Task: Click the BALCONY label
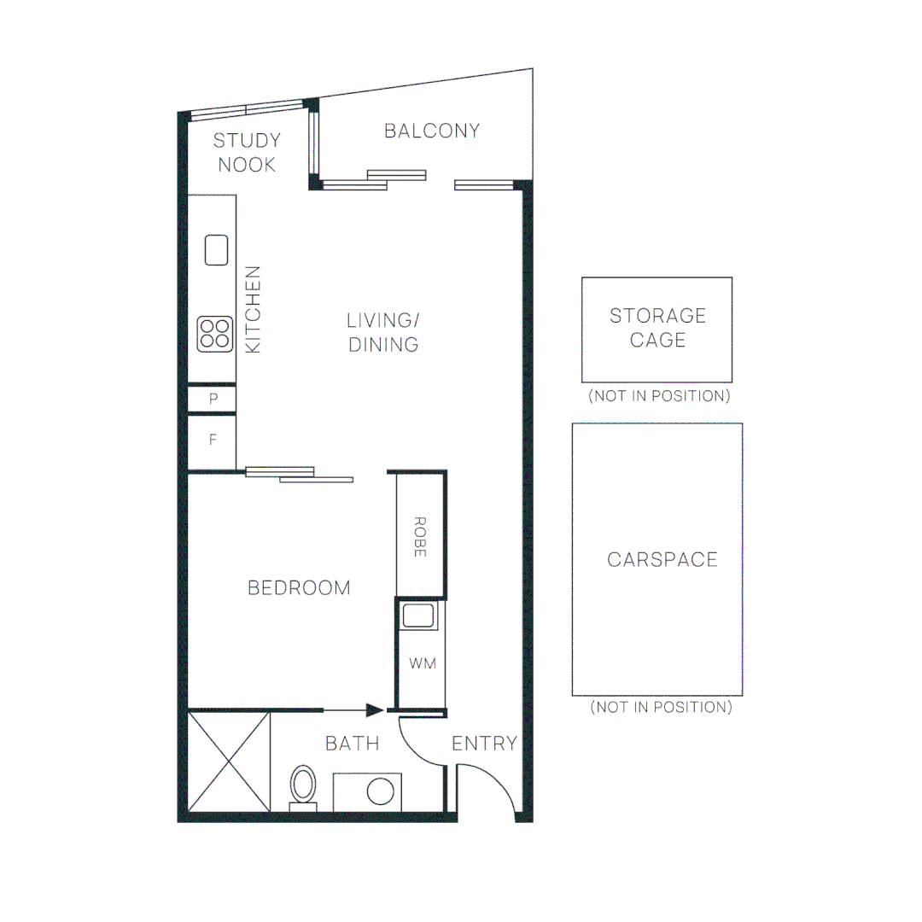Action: [431, 131]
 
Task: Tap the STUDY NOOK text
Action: [247, 153]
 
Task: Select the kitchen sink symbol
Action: [217, 250]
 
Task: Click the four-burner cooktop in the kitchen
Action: [215, 334]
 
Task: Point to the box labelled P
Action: [213, 399]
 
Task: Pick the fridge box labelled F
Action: [213, 441]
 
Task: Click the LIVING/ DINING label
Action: [383, 332]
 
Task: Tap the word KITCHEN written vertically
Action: [254, 309]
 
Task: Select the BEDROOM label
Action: [299, 587]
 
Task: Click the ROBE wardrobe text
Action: [419, 537]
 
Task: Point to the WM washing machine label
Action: [422, 663]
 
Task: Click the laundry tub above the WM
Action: [419, 616]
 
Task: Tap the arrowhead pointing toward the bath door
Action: [374, 709]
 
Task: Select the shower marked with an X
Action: [229, 762]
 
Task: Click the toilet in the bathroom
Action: [302, 786]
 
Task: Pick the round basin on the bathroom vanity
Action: [380, 791]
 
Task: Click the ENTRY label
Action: [484, 743]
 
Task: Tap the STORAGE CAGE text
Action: [657, 328]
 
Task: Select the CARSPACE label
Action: [662, 559]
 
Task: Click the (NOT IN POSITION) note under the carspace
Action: [661, 707]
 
